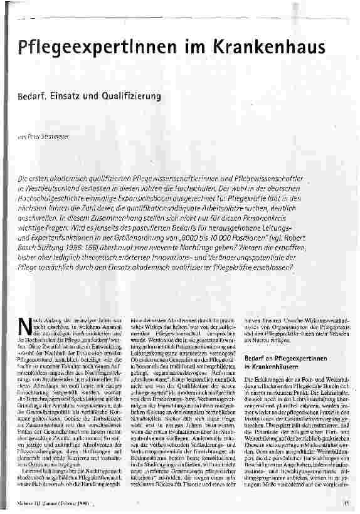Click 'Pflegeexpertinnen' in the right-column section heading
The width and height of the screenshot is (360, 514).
coord(283,357)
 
